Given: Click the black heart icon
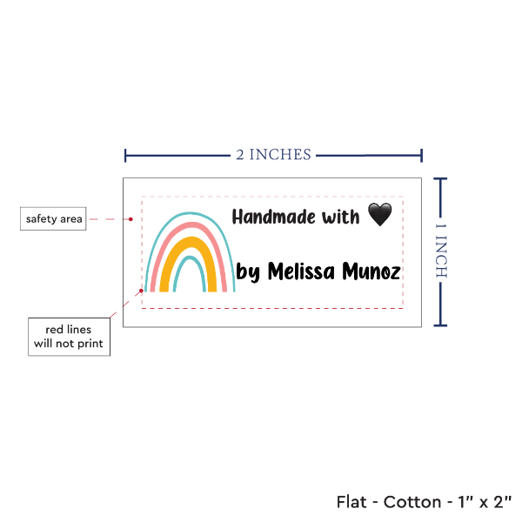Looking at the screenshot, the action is [x=380, y=214].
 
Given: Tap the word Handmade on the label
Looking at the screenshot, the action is [x=274, y=217].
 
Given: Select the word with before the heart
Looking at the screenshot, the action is [x=340, y=217].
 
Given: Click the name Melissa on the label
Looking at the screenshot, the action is [x=301, y=271].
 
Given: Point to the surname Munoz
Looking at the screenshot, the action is [x=371, y=271].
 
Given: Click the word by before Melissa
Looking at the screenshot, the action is [x=248, y=272].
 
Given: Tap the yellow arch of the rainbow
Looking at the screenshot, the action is [x=188, y=264].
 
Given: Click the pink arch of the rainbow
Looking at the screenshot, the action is [x=189, y=257].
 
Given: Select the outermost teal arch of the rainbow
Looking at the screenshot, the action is [x=190, y=251].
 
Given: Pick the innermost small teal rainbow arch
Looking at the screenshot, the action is [x=190, y=274].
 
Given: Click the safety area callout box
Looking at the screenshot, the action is [x=53, y=218].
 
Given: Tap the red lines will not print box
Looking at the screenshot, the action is [x=69, y=337].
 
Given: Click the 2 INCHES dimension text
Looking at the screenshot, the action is [x=274, y=155].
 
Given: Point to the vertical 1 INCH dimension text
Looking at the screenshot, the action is [x=441, y=251].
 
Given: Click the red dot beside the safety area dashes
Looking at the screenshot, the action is [x=130, y=219].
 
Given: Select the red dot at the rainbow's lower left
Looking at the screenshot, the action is [x=141, y=291].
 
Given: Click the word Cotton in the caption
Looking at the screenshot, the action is [x=412, y=502].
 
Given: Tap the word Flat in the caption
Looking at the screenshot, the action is [x=351, y=502].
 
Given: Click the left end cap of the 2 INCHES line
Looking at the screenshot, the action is [x=125, y=156].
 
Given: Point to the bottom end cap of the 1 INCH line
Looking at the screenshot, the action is [x=440, y=325].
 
